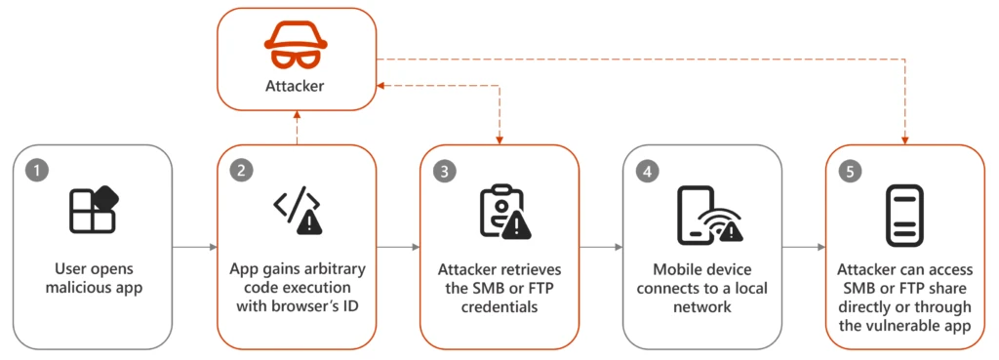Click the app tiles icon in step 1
point(94,210)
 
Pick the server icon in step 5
point(904,215)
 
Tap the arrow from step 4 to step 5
point(803,248)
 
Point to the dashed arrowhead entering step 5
point(905,139)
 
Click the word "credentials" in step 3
point(499,308)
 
